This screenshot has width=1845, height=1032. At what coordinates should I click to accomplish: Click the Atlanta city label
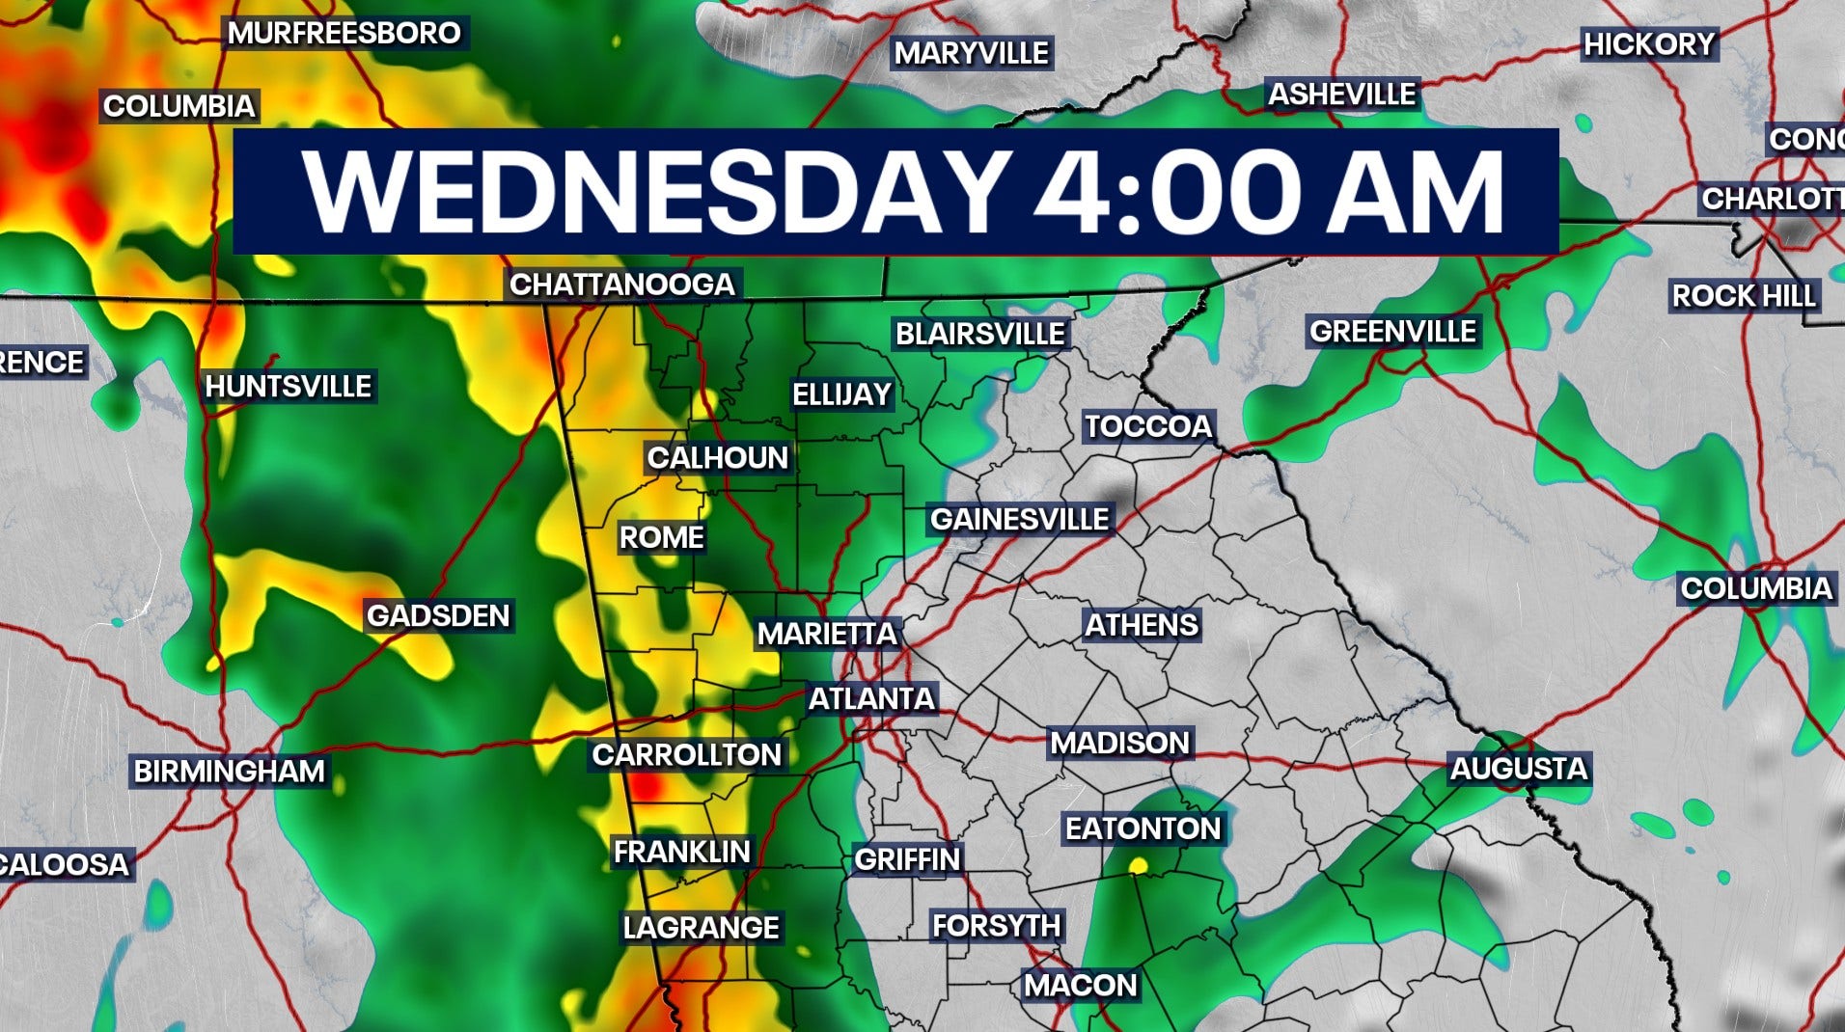871,698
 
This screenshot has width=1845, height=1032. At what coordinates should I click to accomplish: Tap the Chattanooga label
622,285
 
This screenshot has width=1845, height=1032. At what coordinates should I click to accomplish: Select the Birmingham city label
230,772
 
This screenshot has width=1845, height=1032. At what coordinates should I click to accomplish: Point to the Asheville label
1341,95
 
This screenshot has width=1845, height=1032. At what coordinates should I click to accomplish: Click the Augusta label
1518,769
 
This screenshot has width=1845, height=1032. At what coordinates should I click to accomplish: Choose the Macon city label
1080,985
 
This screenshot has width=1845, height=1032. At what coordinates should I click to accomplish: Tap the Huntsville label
289,387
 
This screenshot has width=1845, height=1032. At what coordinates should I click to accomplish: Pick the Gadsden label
438,615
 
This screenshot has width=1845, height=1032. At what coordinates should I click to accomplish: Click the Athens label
1142,625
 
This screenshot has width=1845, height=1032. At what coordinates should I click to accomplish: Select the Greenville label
1392,332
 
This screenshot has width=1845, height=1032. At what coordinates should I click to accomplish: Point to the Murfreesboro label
344,33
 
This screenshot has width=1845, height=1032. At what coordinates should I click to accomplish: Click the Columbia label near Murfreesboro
179,106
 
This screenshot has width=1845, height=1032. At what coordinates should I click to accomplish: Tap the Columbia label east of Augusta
1755,588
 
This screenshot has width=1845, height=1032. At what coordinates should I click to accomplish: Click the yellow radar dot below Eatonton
1139,866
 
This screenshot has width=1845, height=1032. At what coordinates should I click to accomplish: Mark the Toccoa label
1148,426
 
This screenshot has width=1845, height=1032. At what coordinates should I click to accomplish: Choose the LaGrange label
701,928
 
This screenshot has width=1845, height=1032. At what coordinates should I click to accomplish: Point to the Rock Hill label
1744,295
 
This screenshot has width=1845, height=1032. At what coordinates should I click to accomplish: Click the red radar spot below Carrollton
648,788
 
